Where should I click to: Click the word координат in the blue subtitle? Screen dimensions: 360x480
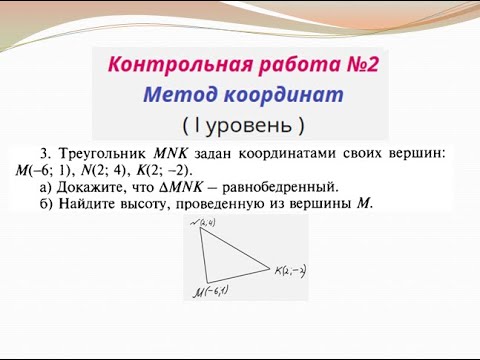[279, 96]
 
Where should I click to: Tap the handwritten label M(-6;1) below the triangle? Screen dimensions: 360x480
[211, 292]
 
